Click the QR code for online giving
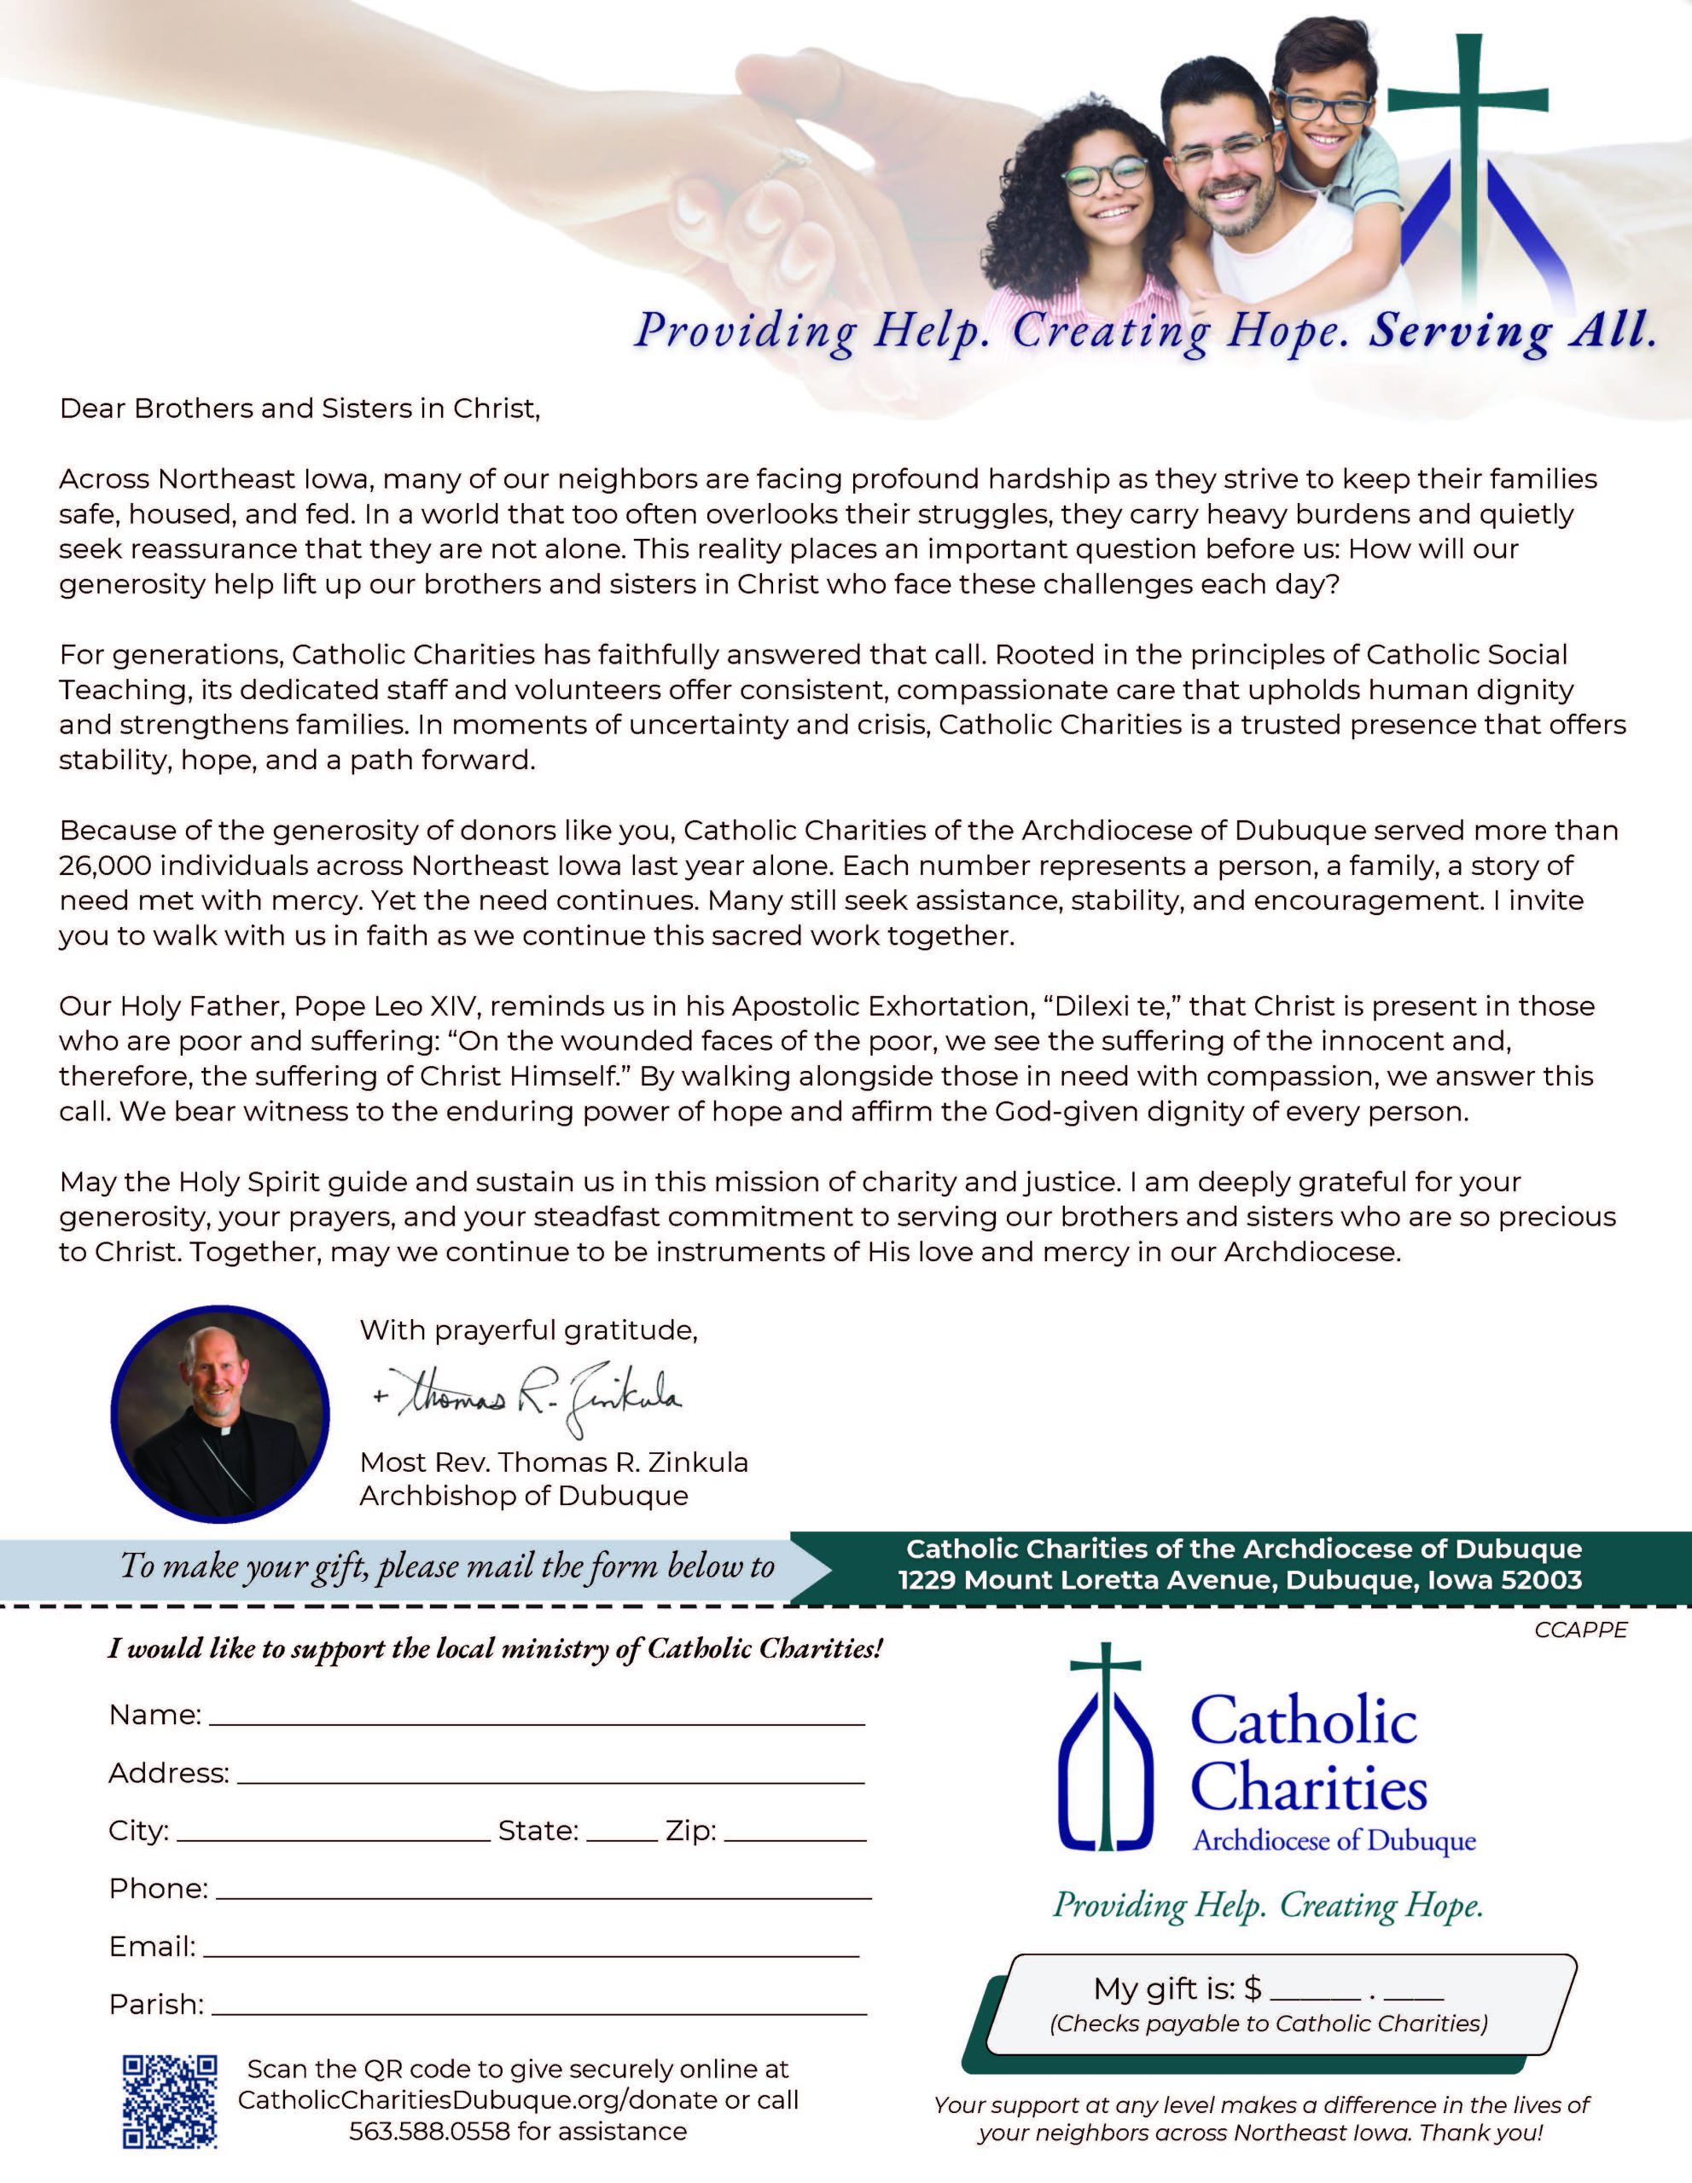click(169, 2100)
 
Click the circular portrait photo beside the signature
click(220, 1413)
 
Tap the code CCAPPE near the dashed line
click(1581, 1630)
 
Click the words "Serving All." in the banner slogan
click(1511, 331)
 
